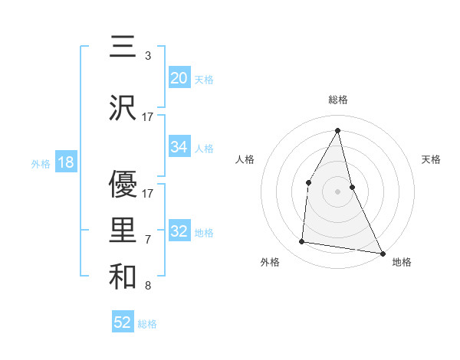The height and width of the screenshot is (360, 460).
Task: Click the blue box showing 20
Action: [179, 77]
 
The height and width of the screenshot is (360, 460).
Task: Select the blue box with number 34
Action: [179, 147]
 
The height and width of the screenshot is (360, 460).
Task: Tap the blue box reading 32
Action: [179, 231]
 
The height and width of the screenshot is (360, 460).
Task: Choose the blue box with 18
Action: [65, 162]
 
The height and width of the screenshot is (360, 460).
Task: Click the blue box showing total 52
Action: [123, 322]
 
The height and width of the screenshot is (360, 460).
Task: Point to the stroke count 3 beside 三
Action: [147, 56]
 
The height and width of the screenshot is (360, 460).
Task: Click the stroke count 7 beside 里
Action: [147, 240]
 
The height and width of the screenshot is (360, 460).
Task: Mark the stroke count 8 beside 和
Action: [147, 286]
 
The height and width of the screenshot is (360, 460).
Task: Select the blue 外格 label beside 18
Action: [40, 163]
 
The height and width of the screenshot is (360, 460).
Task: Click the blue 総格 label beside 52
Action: [147, 324]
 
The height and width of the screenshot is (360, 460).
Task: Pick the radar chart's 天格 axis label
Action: [431, 159]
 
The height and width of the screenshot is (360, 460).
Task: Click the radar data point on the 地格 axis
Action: [383, 253]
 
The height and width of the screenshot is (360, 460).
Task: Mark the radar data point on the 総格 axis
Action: [337, 129]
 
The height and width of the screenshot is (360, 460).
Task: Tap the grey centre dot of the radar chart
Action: [337, 191]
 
